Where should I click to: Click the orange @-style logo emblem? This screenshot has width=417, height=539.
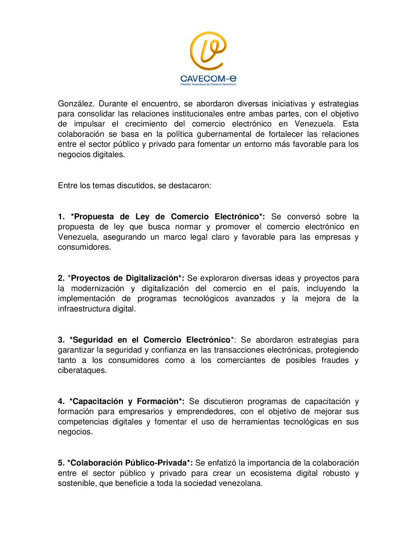[x=208, y=51]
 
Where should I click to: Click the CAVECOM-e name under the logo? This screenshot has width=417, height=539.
[x=208, y=79]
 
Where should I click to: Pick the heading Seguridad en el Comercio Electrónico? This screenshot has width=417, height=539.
[x=151, y=340]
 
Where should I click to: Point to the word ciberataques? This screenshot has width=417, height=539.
[x=82, y=371]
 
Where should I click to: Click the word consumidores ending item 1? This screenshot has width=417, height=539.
[x=84, y=247]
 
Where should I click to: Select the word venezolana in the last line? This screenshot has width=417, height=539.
[x=240, y=483]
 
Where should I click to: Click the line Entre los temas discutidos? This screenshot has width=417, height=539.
[x=134, y=186]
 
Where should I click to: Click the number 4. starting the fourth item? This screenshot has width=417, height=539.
[x=61, y=401]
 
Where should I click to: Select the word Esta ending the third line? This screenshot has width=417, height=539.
[x=350, y=124]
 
